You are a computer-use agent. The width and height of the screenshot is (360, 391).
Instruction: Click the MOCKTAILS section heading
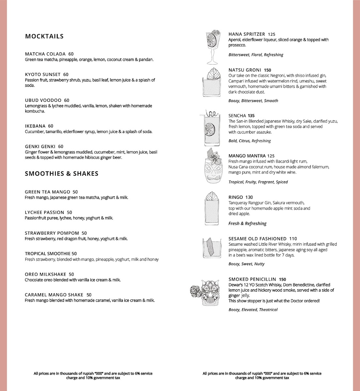pyautogui.click(x=44, y=36)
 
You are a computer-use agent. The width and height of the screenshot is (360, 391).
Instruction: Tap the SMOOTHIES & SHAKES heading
pyautogui.click(x=62, y=174)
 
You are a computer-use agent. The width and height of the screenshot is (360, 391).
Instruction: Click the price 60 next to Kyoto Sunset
pyautogui.click(x=66, y=74)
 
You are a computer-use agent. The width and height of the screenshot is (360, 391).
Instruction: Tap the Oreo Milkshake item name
pyautogui.click(x=45, y=274)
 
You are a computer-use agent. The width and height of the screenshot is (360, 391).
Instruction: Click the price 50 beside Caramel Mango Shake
pyautogui.click(x=89, y=295)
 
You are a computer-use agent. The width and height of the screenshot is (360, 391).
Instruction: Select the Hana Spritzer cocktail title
pyautogui.click(x=247, y=34)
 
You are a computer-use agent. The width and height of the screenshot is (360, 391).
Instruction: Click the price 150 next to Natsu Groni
pyautogui.click(x=268, y=70)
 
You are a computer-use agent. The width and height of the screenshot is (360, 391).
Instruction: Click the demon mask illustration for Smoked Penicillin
pyautogui.click(x=208, y=292)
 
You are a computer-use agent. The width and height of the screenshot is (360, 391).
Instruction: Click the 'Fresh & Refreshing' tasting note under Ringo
pyautogui.click(x=247, y=224)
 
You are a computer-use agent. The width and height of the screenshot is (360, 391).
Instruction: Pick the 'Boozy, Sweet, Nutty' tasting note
pyautogui.click(x=247, y=264)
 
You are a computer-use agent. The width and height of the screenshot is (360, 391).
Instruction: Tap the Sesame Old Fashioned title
pyautogui.click(x=258, y=239)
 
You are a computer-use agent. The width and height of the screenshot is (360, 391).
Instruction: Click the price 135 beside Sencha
pyautogui.click(x=251, y=116)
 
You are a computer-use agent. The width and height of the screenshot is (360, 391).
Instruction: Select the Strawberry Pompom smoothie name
pyautogui.click(x=52, y=233)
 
